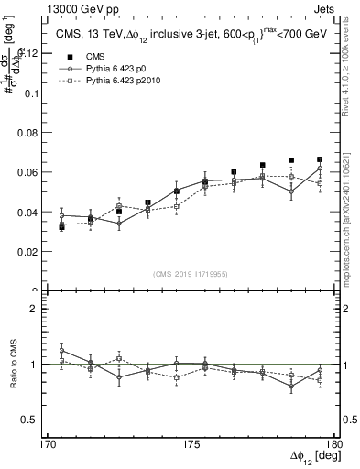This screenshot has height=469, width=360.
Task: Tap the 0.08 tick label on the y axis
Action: [x=30, y=133]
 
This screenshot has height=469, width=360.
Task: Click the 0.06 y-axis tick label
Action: [x=30, y=172]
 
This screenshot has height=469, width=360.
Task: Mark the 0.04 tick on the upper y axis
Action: [x=30, y=212]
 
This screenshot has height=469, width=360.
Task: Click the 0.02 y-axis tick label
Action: [x=30, y=251]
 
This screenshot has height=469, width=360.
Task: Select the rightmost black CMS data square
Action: [x=320, y=159]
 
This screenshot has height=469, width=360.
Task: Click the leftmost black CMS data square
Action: [x=61, y=226]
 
